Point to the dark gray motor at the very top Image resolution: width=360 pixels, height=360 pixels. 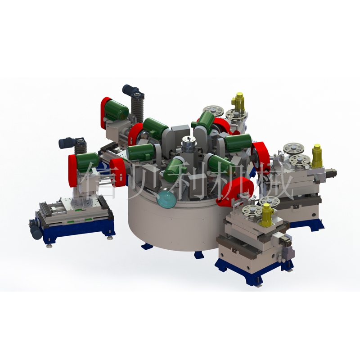pos(133,91)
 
